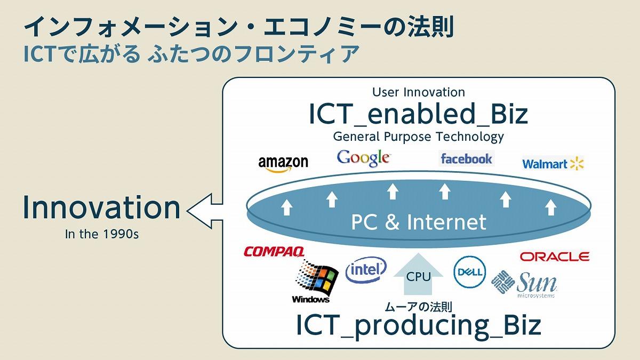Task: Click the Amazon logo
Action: coord(283,164)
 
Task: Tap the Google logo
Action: coord(364,158)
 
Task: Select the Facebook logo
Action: coord(466,158)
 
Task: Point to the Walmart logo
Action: coord(553,164)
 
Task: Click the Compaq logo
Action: coord(274,252)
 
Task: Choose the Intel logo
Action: coord(366,271)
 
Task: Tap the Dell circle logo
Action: coord(470,273)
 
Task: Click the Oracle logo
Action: coord(554,257)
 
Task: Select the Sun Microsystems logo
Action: coord(524,283)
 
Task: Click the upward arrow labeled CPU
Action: coord(418,274)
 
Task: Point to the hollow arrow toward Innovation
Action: coord(206,209)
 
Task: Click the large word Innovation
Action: coord(101,207)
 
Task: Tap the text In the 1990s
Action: coord(101,234)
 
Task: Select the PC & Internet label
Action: coord(418,222)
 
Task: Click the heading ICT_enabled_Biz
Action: coord(418,114)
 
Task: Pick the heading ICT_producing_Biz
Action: coord(418,325)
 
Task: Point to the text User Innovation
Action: coord(418,92)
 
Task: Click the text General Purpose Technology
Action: coord(418,137)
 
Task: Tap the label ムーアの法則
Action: coord(418,307)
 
